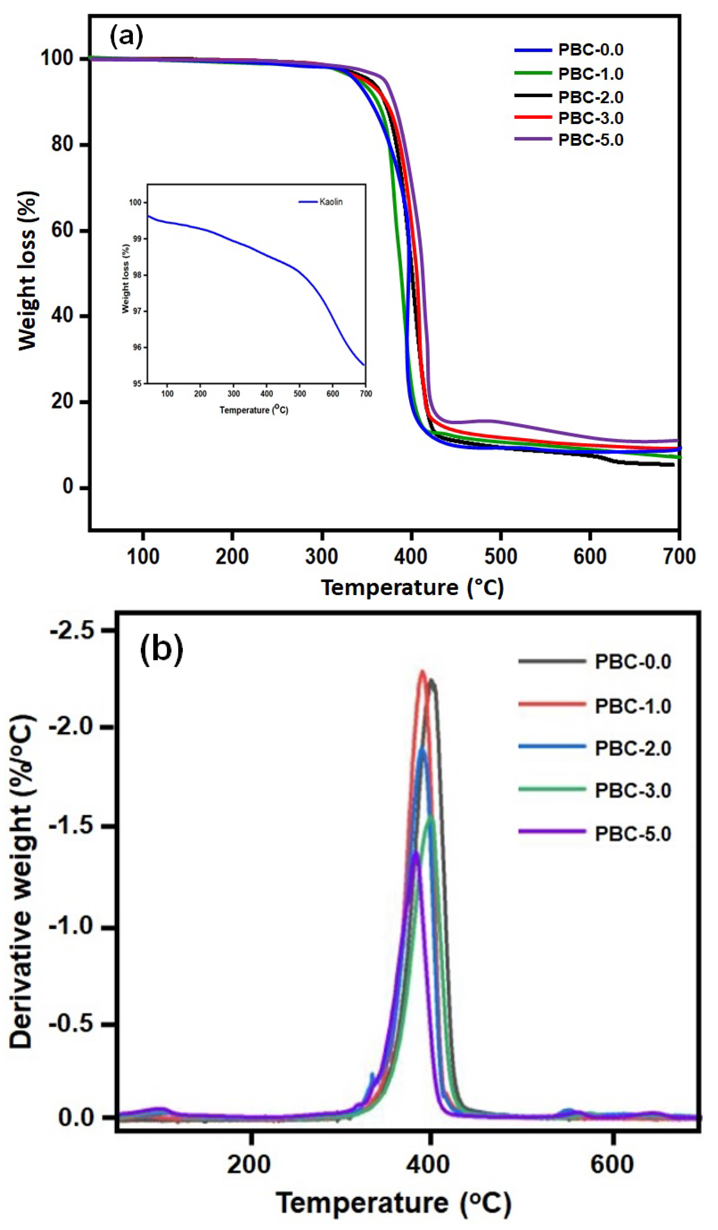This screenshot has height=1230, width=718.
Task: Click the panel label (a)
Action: [x=126, y=37]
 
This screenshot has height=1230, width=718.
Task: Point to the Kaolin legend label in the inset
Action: [x=331, y=202]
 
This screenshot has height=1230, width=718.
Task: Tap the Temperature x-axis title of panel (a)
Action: [x=412, y=587]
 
